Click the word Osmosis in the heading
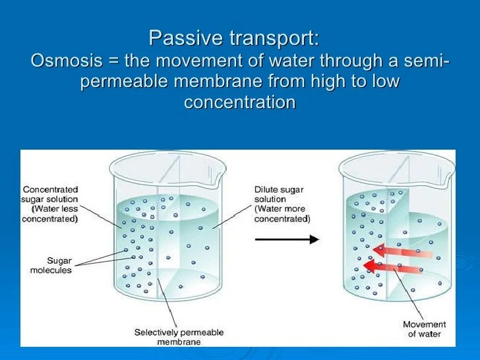(x=67, y=60)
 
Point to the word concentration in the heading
(x=240, y=102)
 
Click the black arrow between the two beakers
(x=287, y=239)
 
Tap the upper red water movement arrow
(x=403, y=251)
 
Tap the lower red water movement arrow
(x=393, y=267)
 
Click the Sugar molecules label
(x=51, y=266)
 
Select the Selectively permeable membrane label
(x=179, y=337)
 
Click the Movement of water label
(x=425, y=329)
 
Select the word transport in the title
(x=274, y=38)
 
